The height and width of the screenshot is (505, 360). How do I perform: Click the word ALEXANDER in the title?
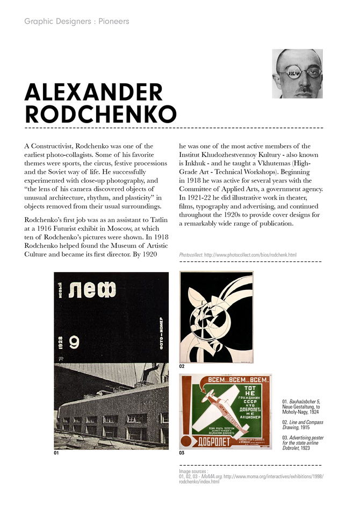click(x=93, y=93)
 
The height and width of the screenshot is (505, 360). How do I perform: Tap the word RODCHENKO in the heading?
click(x=100, y=114)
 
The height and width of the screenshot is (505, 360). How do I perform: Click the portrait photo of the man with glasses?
click(x=297, y=74)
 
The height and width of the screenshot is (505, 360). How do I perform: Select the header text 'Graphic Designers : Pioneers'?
click(x=76, y=22)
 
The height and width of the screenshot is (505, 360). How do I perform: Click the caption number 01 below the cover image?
click(x=56, y=453)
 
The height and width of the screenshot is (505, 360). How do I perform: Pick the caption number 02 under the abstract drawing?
click(x=182, y=366)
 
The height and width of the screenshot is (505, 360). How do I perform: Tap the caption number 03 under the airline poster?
click(x=182, y=453)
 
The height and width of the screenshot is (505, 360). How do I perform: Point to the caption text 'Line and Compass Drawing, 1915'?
click(x=303, y=425)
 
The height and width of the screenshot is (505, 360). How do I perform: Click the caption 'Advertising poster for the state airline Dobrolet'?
click(x=303, y=443)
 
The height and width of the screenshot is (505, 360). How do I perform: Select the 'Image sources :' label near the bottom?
click(x=193, y=471)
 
